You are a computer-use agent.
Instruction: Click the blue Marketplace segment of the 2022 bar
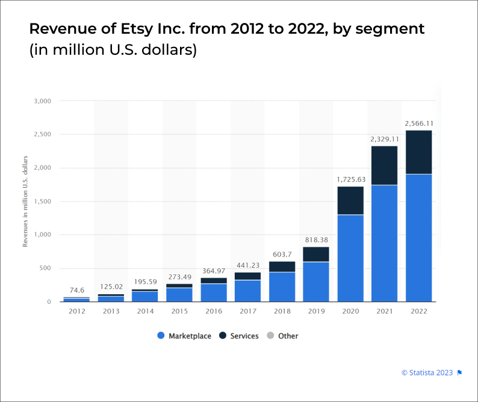point(418,238)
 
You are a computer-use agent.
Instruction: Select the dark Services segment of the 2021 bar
point(384,165)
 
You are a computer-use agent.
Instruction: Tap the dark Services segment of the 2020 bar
point(350,200)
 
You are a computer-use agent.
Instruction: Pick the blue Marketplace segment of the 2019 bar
point(315,282)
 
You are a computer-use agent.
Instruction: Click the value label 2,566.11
point(419,123)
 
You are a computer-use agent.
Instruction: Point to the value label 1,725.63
point(350,179)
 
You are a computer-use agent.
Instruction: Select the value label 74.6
point(76,289)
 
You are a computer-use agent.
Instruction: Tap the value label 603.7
point(282,254)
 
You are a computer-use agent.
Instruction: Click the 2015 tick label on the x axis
point(179,311)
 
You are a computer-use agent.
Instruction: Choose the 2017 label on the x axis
point(247,311)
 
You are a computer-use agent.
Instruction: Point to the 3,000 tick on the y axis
point(43,101)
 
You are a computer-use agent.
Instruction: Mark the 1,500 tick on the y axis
point(43,202)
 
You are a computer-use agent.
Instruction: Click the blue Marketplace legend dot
point(161,336)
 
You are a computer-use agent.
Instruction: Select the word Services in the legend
point(244,336)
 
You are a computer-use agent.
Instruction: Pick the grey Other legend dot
point(270,336)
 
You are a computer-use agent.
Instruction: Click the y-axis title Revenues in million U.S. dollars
point(25,202)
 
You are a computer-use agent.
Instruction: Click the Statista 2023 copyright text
point(427,373)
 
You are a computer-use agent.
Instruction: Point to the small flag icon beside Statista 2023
point(459,373)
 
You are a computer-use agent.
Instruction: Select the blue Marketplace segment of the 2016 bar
point(213,292)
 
